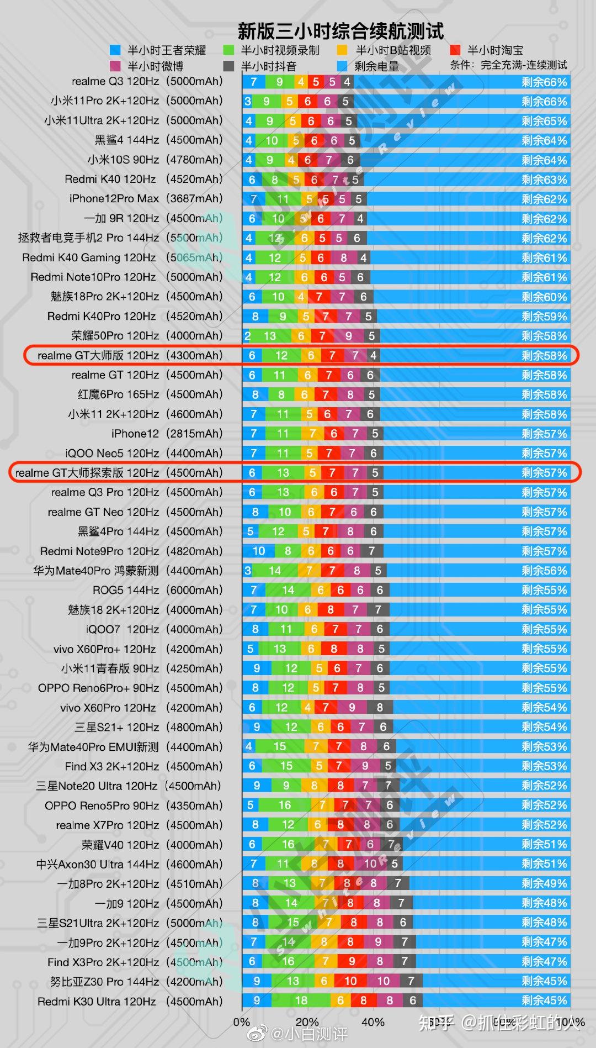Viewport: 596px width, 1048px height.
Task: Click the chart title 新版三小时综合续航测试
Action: tap(340, 31)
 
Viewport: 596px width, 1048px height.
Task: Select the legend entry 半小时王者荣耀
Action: tap(166, 50)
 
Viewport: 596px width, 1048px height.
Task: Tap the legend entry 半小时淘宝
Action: tap(495, 50)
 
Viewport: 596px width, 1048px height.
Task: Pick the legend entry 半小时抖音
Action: tap(268, 66)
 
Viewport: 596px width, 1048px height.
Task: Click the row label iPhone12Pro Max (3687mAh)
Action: tap(146, 199)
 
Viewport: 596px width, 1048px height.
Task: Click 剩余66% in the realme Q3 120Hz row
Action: tap(544, 82)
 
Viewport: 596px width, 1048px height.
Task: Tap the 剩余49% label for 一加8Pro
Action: tap(544, 883)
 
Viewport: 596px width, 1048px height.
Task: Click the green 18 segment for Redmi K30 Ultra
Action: tap(301, 1000)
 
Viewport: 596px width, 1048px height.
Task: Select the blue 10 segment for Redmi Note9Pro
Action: tap(259, 551)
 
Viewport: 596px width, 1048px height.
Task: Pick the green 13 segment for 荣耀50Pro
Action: tap(270, 336)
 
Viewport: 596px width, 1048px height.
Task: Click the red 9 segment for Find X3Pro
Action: tap(352, 962)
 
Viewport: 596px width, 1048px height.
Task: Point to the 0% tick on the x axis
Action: tap(242, 1022)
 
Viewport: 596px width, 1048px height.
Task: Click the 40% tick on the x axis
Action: tap(373, 1022)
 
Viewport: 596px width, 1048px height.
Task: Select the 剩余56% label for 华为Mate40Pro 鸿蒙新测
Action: tap(544, 571)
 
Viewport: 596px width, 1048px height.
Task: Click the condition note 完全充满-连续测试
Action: tap(523, 65)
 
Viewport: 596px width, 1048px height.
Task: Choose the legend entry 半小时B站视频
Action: tap(393, 50)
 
